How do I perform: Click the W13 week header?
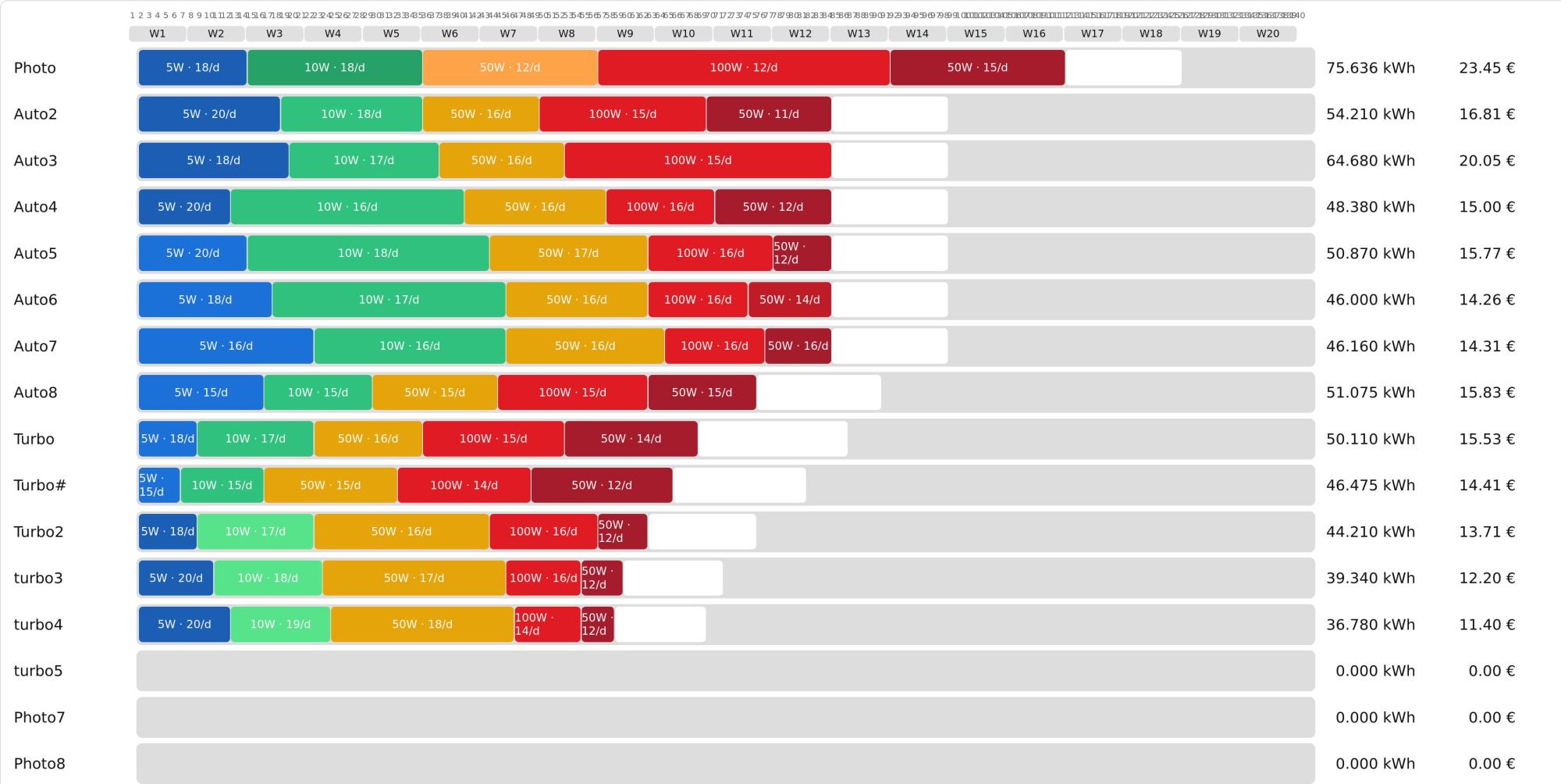859,34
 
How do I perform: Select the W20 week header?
1268,34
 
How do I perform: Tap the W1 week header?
158,34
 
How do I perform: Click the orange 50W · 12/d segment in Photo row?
510,68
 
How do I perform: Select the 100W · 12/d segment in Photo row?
744,68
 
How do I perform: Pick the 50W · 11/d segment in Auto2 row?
769,114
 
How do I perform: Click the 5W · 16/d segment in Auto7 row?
226,346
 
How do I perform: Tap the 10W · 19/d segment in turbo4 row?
280,625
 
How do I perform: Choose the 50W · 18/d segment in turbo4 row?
422,625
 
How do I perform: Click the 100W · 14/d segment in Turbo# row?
464,486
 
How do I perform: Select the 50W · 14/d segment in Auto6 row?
789,300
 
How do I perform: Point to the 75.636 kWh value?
1370,68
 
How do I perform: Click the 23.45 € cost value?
1487,68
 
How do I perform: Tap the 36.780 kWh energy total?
1370,625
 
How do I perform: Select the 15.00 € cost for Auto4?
1487,207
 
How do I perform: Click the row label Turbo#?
40,486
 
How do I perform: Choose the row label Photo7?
39,718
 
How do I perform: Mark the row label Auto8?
35,393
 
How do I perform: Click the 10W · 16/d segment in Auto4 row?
347,207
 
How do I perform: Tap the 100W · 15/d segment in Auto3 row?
698,161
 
